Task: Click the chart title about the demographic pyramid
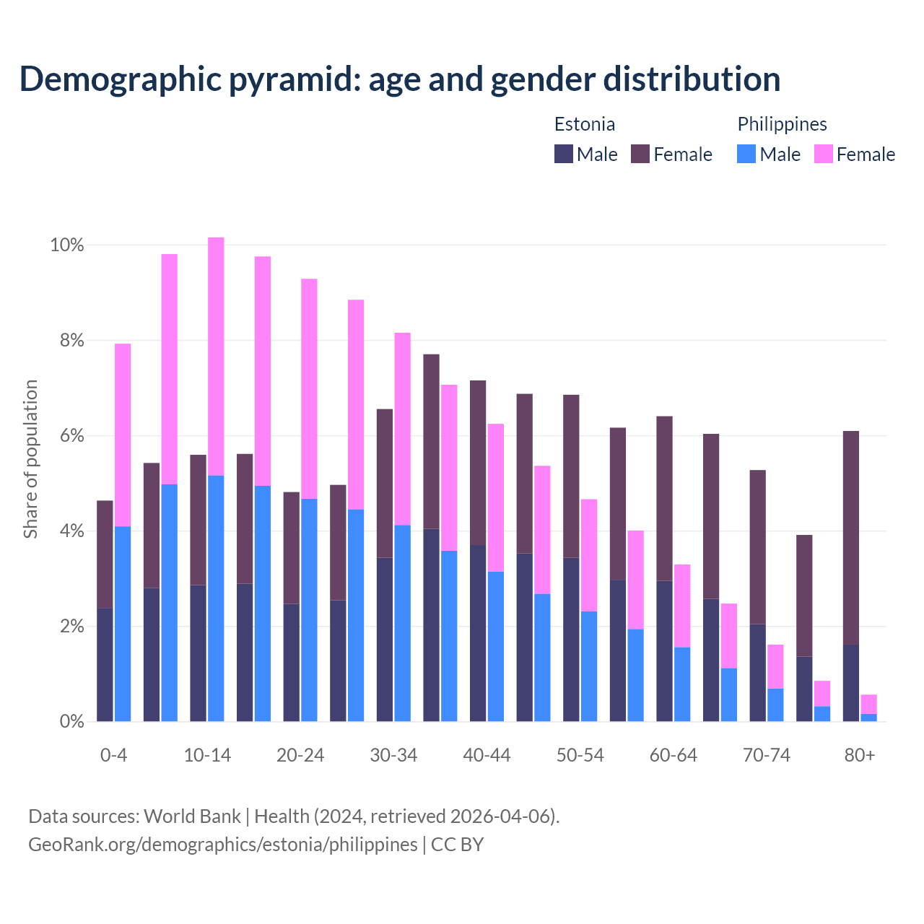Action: tap(399, 79)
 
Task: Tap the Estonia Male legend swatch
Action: tap(564, 154)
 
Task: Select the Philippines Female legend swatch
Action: tap(824, 154)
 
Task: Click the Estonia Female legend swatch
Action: tap(640, 154)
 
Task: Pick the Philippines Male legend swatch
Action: tap(746, 154)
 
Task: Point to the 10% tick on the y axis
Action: tap(67, 245)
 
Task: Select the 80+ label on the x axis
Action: tap(860, 755)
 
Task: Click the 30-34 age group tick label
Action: tap(393, 755)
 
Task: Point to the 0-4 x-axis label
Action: tap(114, 755)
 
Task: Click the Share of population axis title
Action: tap(31, 459)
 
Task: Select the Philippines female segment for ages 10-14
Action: tap(216, 356)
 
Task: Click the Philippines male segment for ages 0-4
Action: tap(123, 624)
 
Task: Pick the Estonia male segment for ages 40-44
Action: tap(478, 633)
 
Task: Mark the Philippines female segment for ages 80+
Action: tap(868, 704)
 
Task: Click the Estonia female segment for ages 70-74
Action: tap(758, 547)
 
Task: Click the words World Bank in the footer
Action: tap(192, 816)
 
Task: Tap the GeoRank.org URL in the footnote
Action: tap(222, 844)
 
